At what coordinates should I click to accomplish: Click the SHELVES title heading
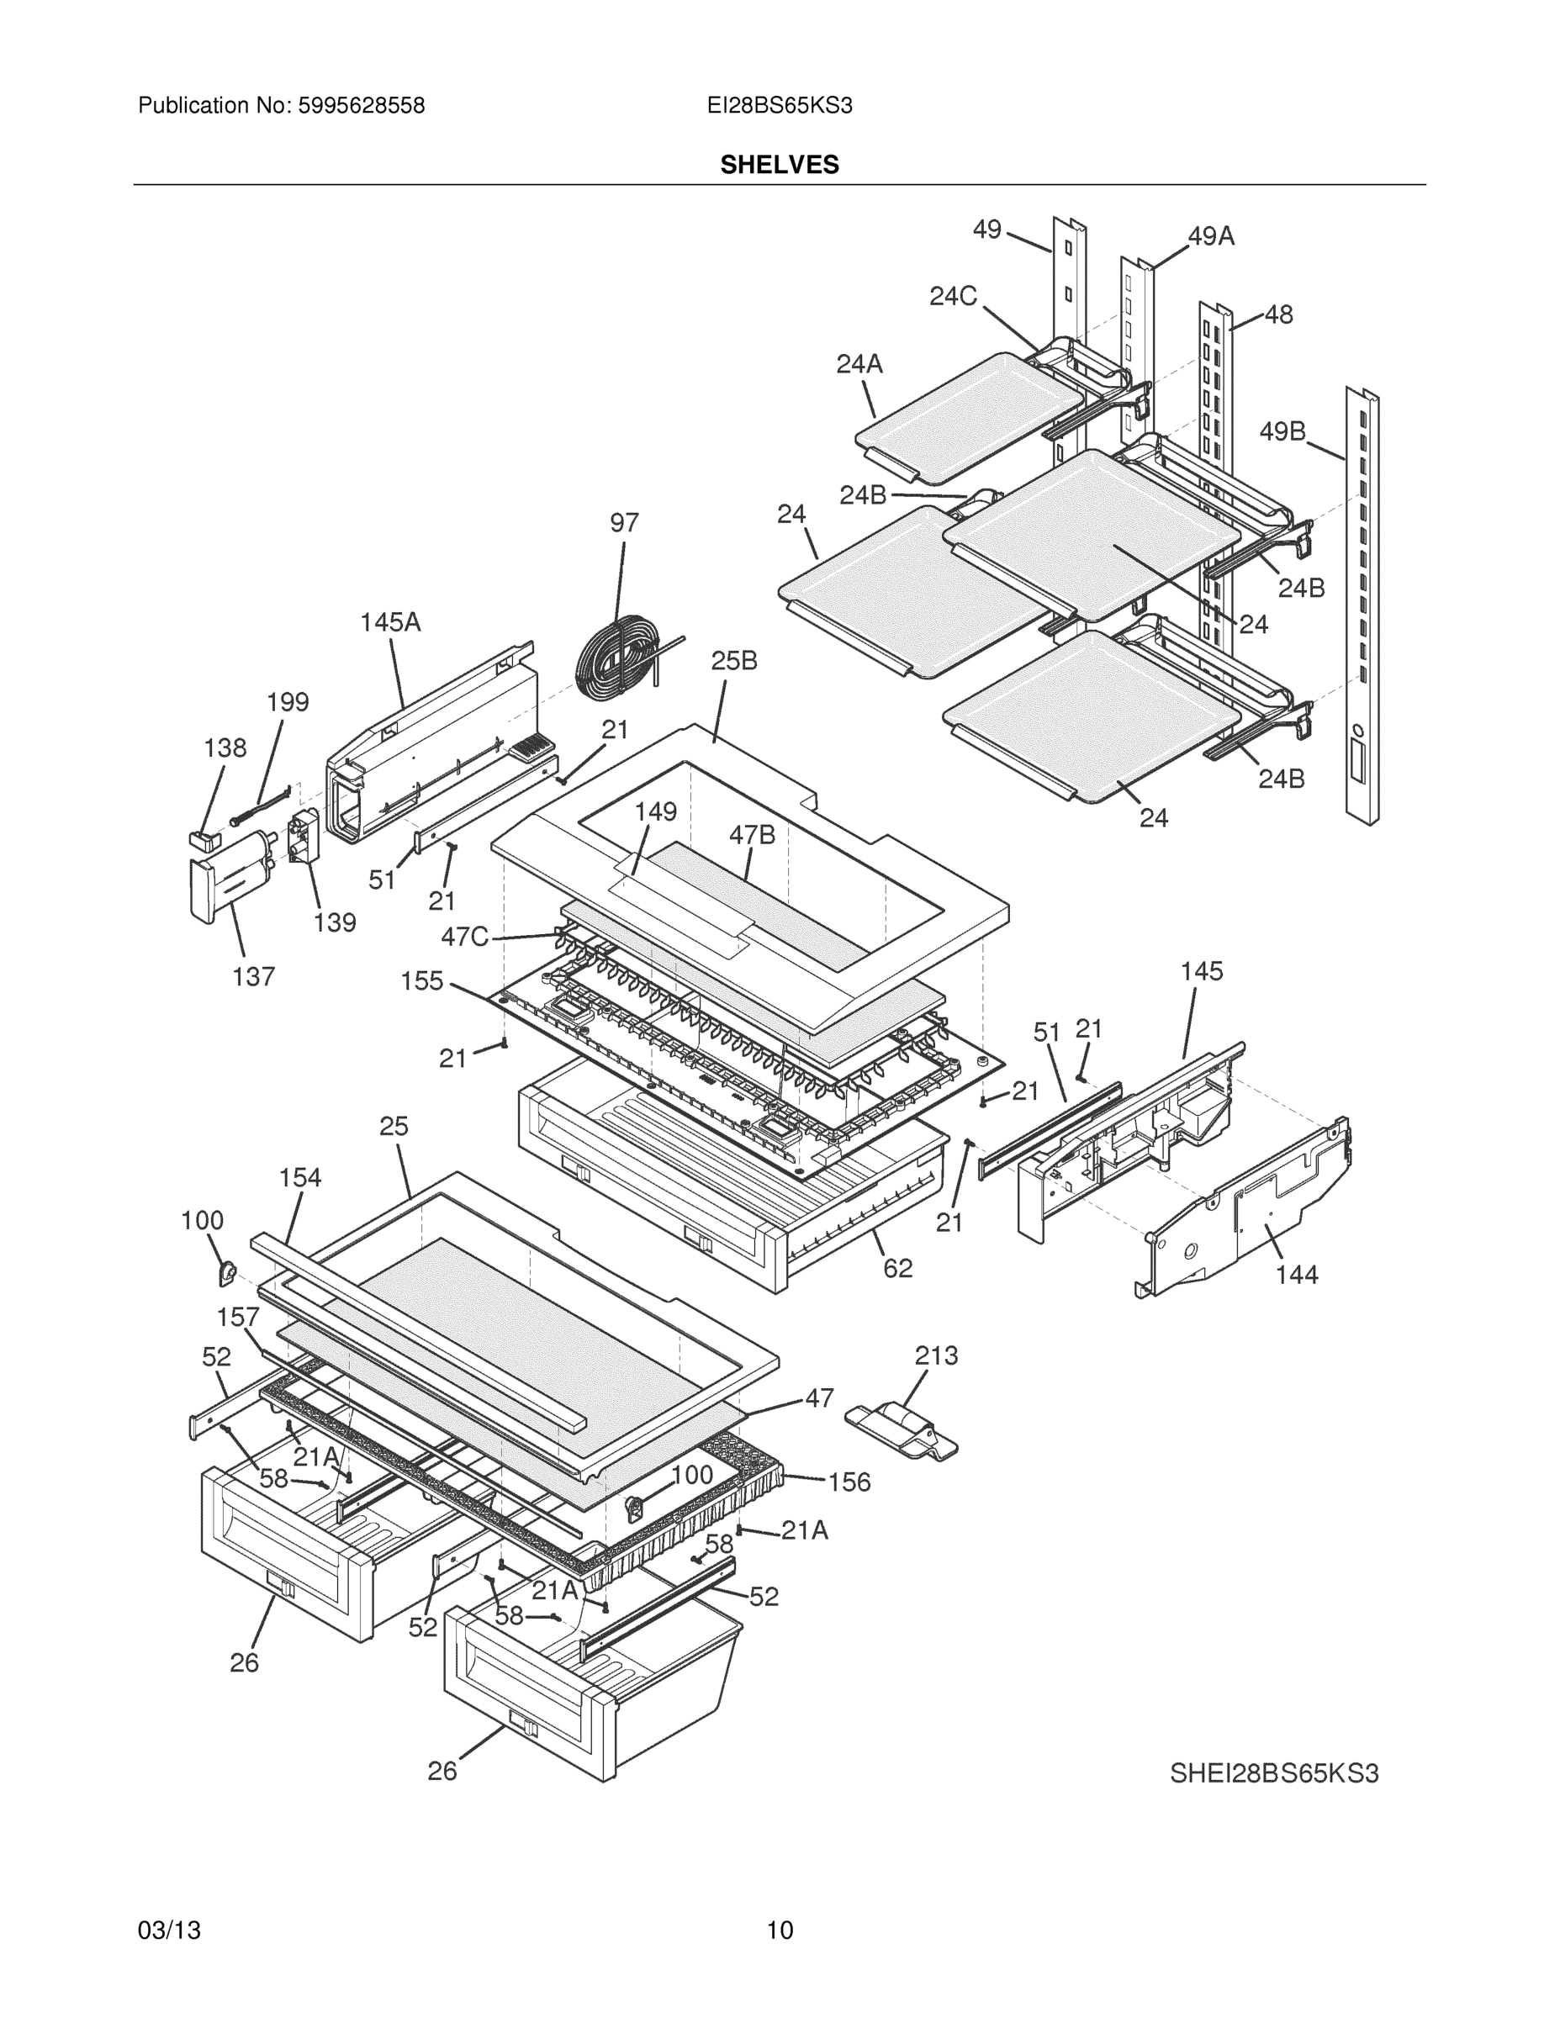coord(779,165)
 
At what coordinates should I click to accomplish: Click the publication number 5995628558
coord(361,105)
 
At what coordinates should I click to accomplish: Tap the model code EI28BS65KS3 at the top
coord(779,105)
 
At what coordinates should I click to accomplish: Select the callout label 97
coord(624,523)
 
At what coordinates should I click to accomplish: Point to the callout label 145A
coord(390,622)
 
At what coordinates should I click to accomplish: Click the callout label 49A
coord(1211,236)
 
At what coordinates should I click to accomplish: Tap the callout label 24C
coord(953,296)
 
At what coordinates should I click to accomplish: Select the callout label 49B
coord(1282,431)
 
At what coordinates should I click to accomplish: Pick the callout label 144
coord(1297,1275)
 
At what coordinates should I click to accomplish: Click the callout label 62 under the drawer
coord(897,1269)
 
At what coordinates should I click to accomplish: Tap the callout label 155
coord(422,980)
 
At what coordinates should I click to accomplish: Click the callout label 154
coord(300,1177)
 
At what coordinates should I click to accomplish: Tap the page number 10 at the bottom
coord(779,1930)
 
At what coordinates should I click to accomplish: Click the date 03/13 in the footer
coord(169,1930)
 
